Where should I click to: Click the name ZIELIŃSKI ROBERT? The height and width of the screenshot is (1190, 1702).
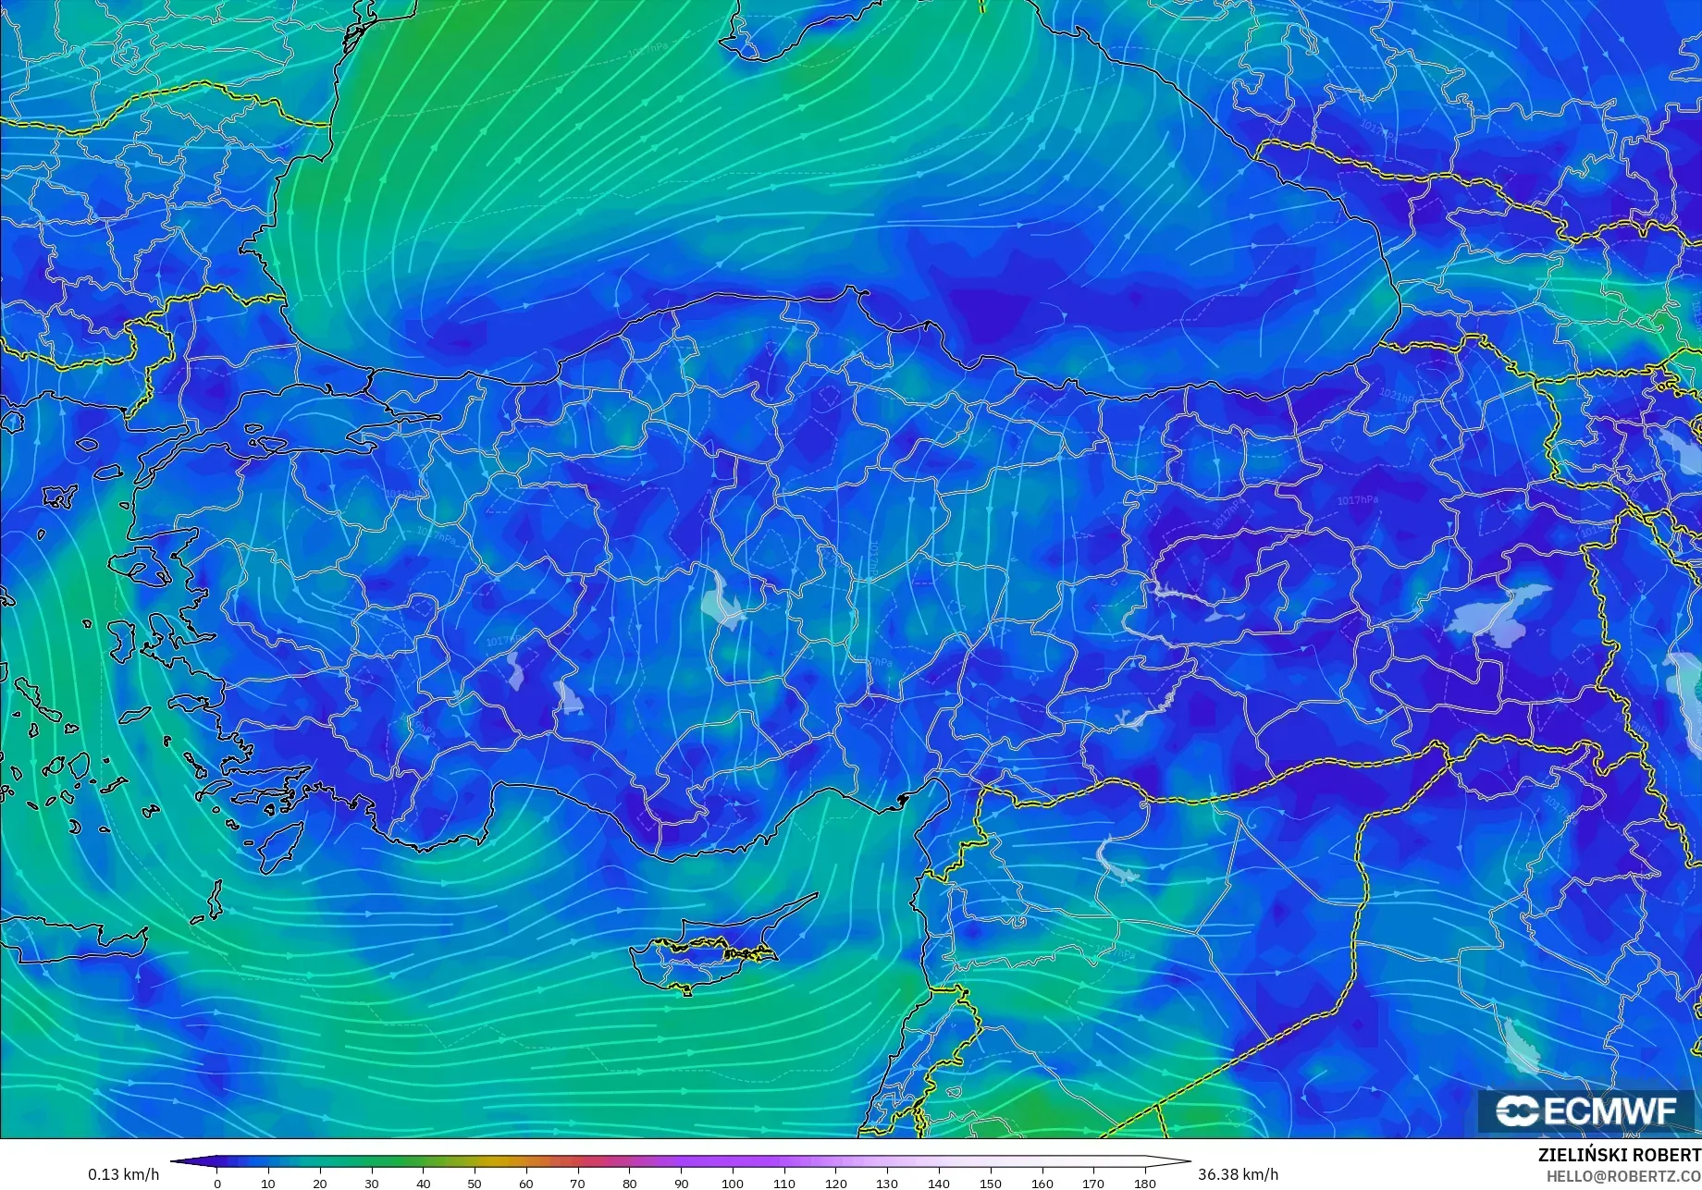tap(1619, 1156)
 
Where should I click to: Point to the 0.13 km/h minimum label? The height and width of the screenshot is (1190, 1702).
tap(123, 1175)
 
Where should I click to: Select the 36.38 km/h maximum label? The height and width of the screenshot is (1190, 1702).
tap(1239, 1175)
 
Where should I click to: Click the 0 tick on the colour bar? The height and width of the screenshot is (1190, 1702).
tap(217, 1184)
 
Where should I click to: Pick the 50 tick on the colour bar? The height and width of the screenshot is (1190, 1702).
tap(475, 1184)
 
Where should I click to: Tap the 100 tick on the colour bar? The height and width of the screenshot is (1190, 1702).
tap(733, 1184)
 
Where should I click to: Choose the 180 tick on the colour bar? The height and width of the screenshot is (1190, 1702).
tap(1145, 1184)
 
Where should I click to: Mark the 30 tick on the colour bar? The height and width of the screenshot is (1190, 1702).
tap(372, 1184)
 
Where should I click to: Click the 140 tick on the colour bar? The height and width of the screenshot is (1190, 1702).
tap(939, 1184)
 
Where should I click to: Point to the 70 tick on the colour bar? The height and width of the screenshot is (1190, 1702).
tap(578, 1184)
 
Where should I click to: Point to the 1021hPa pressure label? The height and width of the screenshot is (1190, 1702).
tap(1397, 396)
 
